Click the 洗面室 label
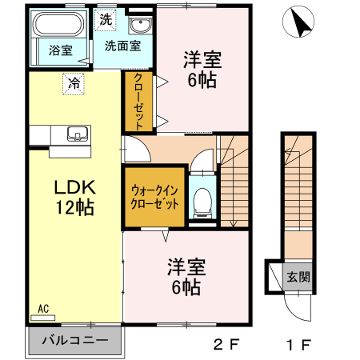123,46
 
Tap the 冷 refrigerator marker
74,82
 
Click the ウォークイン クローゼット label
154,198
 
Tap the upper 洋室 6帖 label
202,69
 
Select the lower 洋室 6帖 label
185,274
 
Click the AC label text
43,307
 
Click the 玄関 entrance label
298,277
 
